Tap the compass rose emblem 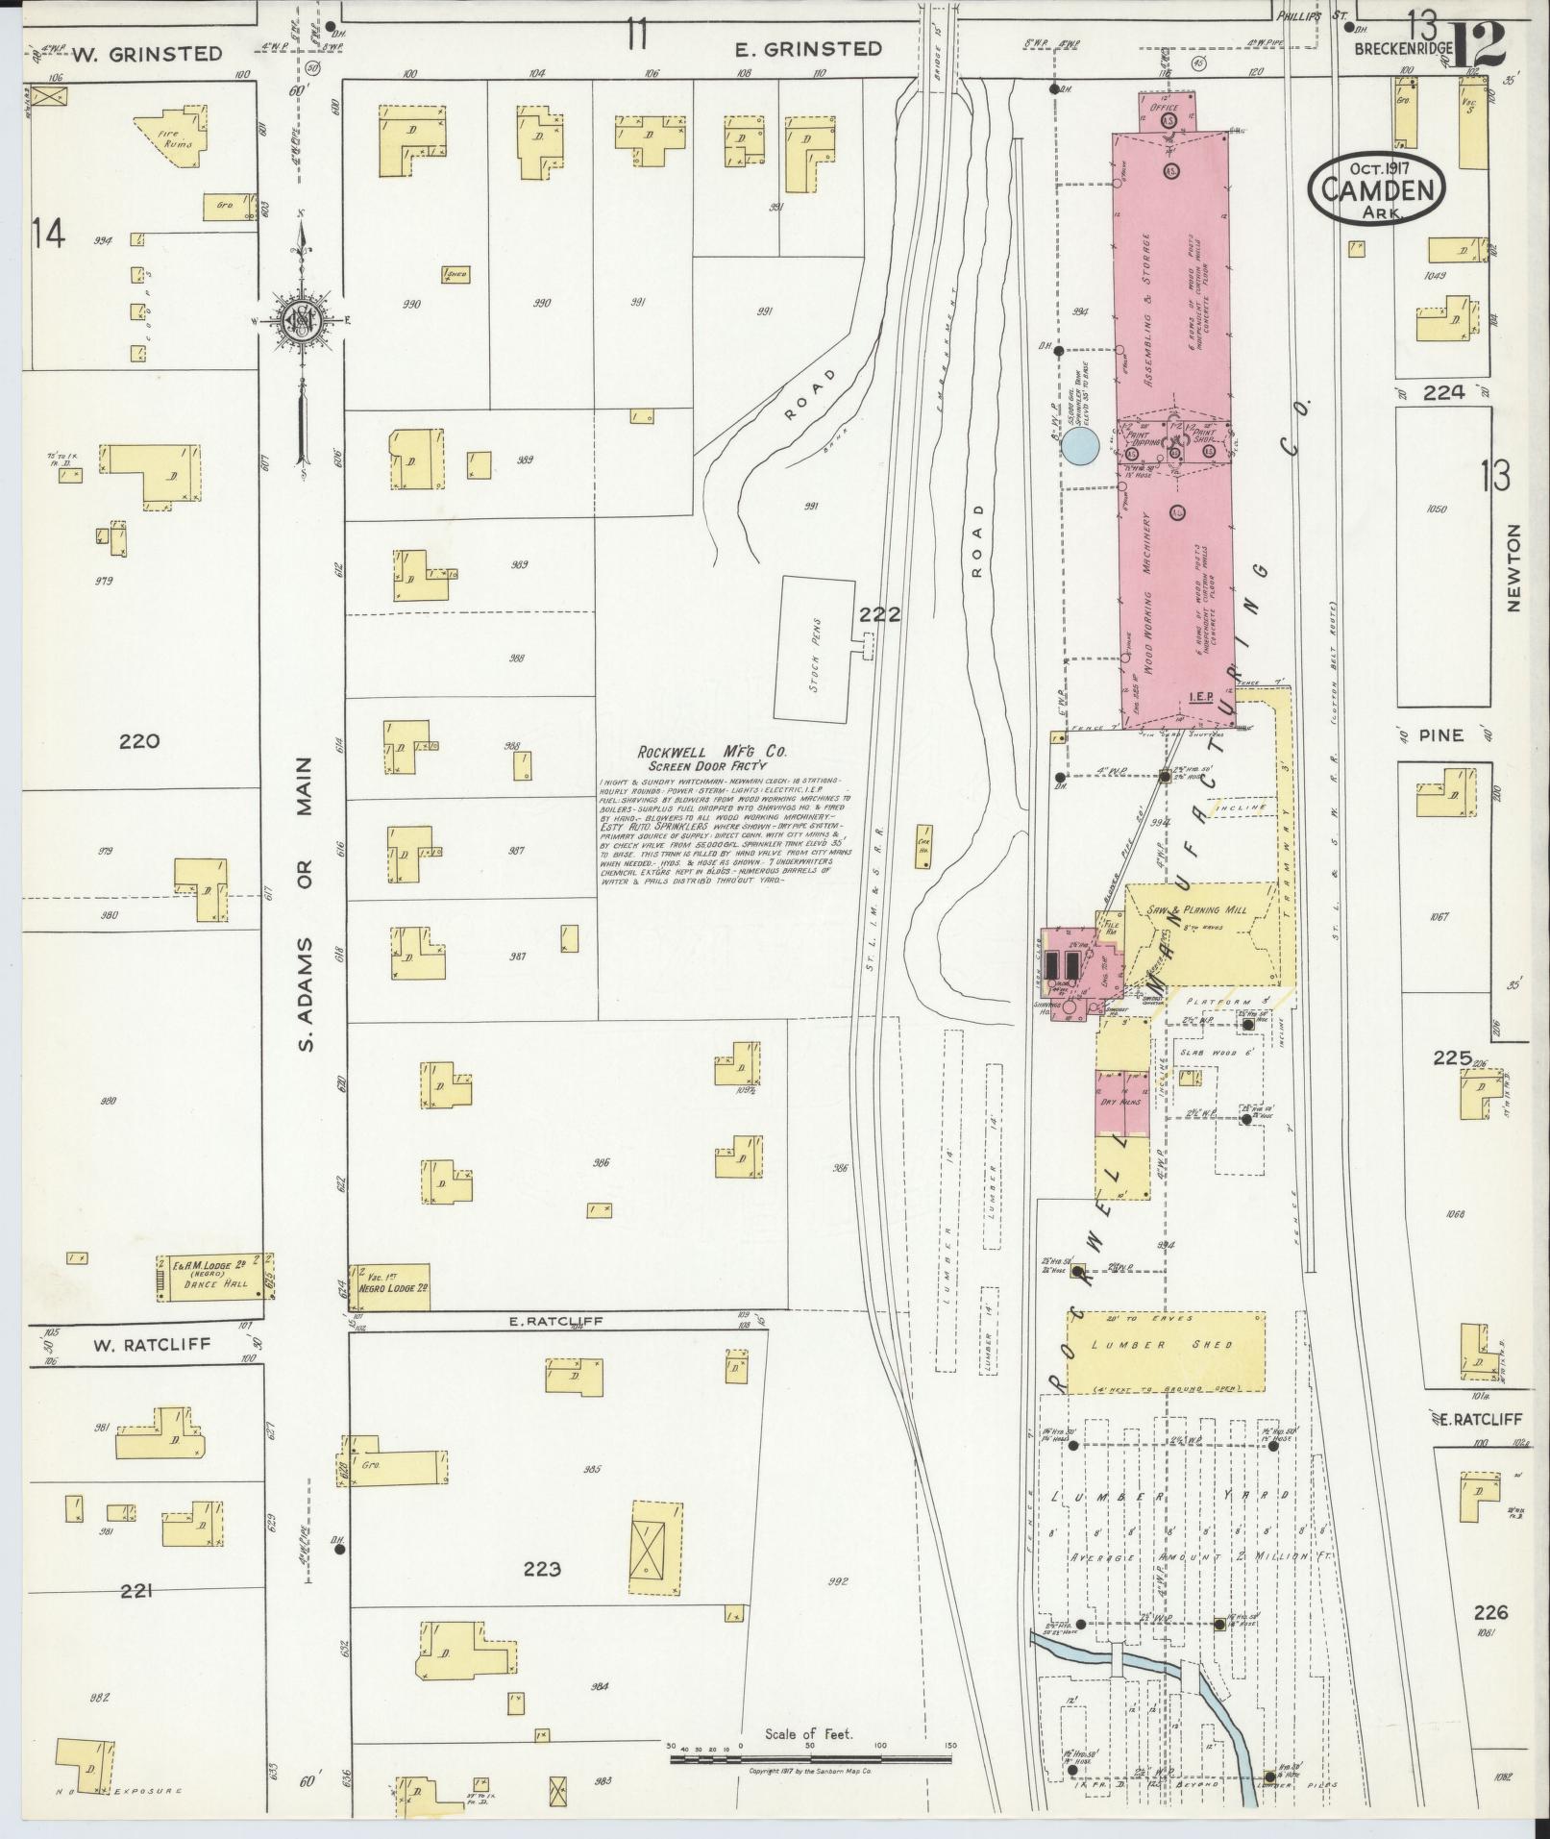[302, 325]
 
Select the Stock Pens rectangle [816, 650]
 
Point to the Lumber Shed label [1165, 1345]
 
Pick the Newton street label [1515, 583]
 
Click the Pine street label [1440, 735]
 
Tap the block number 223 [541, 1570]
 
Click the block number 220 [140, 741]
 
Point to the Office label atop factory [1164, 109]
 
